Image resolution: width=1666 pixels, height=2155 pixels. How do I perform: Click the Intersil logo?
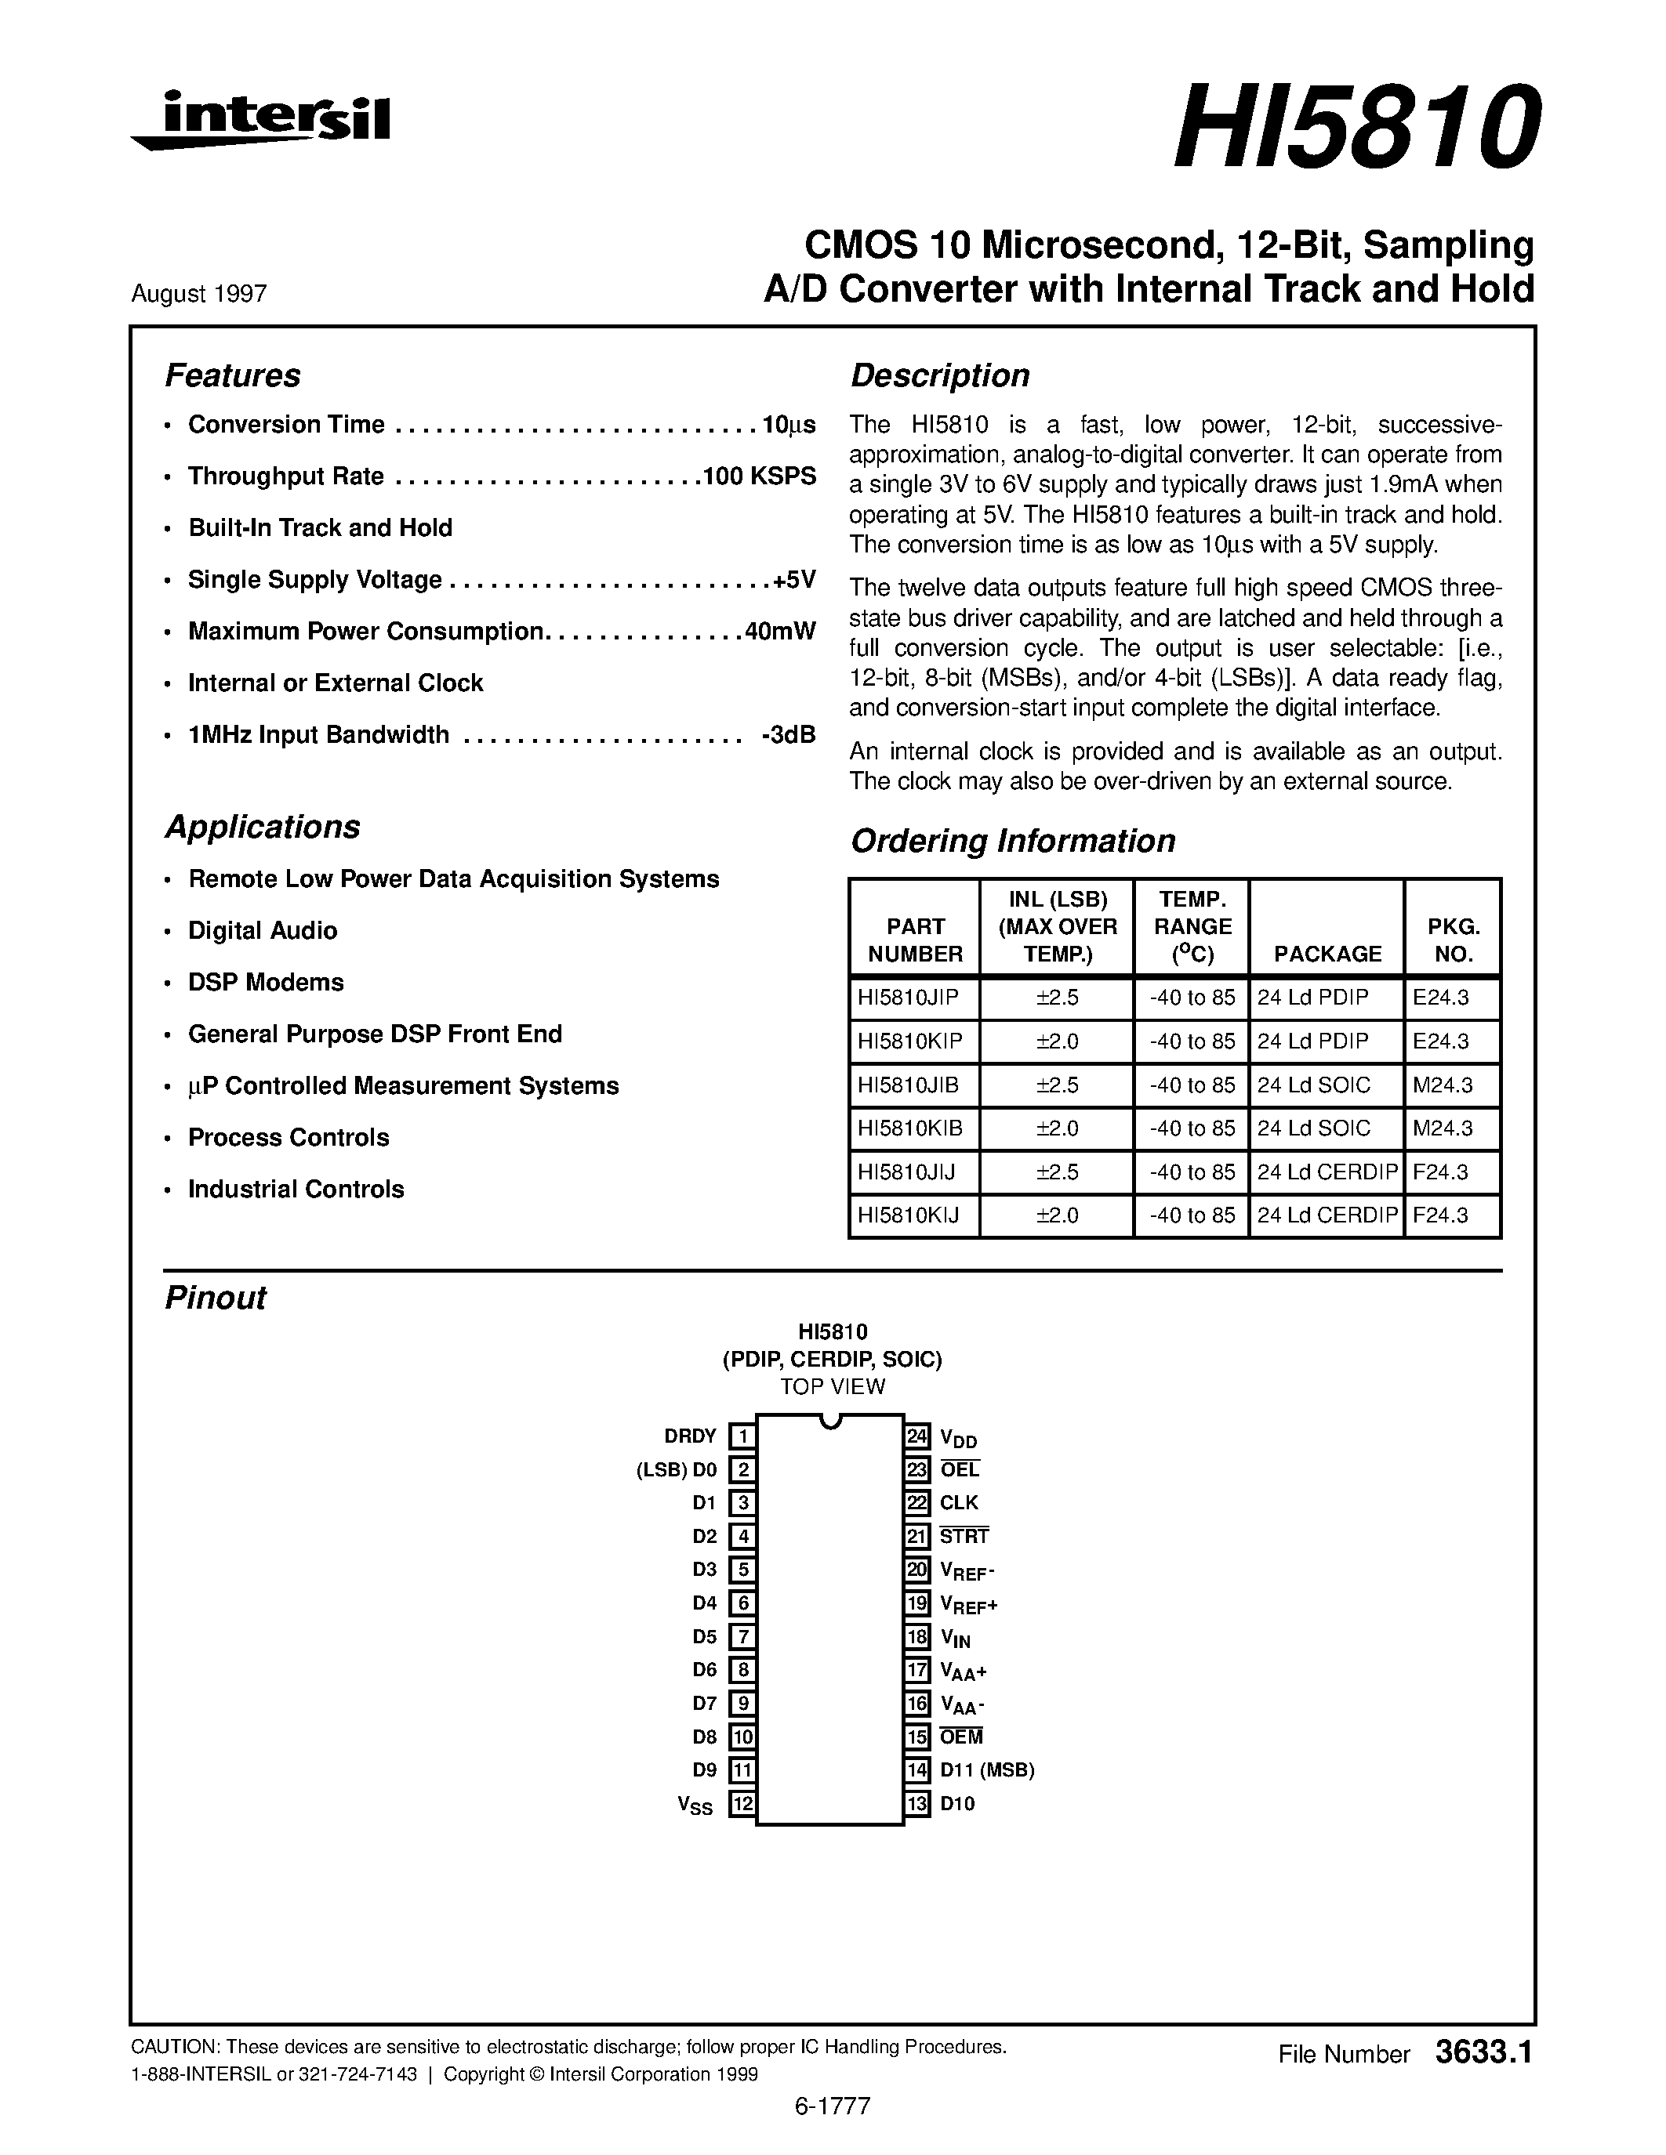(x=262, y=121)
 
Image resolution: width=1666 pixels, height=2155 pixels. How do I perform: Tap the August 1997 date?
(x=198, y=293)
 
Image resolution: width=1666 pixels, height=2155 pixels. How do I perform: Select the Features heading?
(x=232, y=376)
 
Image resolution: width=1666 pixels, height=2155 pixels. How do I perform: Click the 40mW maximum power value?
(x=780, y=631)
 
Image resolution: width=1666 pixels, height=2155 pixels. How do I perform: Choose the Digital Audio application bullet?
(x=263, y=930)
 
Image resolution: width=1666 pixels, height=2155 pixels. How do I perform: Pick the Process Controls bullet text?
(x=289, y=1137)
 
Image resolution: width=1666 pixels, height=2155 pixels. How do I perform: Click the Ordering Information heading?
(x=1013, y=841)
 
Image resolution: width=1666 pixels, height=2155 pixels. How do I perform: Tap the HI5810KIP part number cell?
(x=910, y=1041)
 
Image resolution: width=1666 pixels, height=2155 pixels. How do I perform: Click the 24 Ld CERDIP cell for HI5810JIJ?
(x=1327, y=1172)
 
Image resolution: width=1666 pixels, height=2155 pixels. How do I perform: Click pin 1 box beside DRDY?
(x=742, y=1436)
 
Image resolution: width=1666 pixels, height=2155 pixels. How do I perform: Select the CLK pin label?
(x=958, y=1503)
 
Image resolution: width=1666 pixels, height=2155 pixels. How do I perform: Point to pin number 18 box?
(x=918, y=1637)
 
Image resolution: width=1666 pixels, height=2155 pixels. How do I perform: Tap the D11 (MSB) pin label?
(x=987, y=1770)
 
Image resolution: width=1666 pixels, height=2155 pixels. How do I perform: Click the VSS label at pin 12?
(x=695, y=1805)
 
